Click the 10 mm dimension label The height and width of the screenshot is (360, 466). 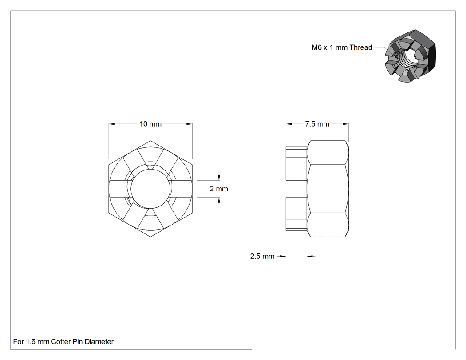click(150, 124)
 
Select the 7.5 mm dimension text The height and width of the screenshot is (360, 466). click(317, 124)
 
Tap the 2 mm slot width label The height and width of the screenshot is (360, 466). click(219, 189)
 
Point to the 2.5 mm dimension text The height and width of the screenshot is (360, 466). click(262, 256)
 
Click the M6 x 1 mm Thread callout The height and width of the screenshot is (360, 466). click(342, 47)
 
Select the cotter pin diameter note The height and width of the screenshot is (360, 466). click(63, 342)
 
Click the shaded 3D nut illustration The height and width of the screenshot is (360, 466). click(410, 56)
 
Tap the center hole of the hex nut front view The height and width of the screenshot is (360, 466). click(150, 189)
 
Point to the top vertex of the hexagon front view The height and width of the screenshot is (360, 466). click(150, 141)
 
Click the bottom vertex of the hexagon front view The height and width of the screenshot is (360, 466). click(150, 237)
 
